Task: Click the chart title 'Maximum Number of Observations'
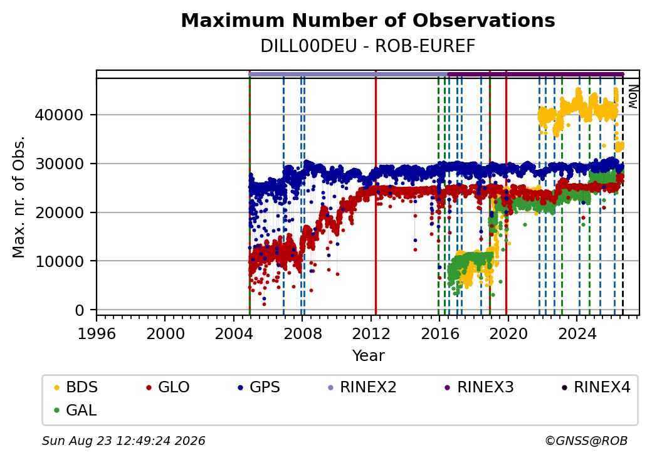click(368, 20)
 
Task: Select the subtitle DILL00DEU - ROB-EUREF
click(368, 46)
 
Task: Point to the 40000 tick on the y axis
click(60, 115)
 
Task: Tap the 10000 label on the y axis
click(60, 261)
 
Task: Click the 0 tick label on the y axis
click(80, 310)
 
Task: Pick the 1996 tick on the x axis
click(97, 333)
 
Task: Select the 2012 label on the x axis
click(371, 333)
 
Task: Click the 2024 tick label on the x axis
click(577, 333)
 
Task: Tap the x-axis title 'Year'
click(369, 356)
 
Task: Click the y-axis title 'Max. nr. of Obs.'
click(18, 197)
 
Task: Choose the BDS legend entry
click(76, 387)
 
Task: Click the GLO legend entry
click(168, 387)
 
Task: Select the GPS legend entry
click(259, 387)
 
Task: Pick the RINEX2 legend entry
click(362, 387)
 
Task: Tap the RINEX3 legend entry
click(479, 387)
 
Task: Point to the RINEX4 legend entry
click(596, 387)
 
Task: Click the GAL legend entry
click(76, 410)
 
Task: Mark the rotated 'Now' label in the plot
click(633, 97)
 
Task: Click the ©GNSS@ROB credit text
click(586, 441)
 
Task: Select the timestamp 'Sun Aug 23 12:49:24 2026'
click(124, 441)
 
